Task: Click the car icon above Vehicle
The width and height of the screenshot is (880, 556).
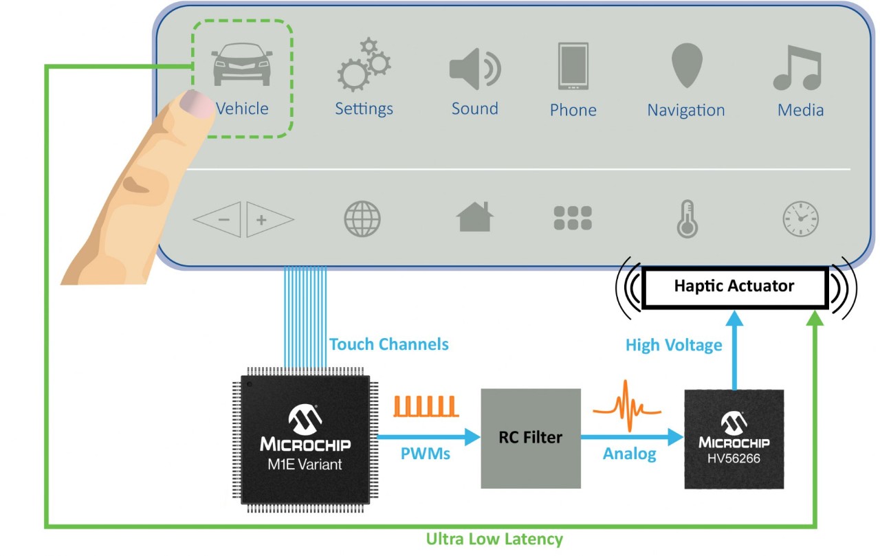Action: click(x=242, y=66)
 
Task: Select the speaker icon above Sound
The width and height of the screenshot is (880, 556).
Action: click(x=474, y=69)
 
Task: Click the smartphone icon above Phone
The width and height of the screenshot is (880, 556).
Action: click(x=573, y=67)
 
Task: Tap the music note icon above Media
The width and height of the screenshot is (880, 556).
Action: click(x=797, y=67)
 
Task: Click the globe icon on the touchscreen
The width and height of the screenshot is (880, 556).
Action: click(x=362, y=219)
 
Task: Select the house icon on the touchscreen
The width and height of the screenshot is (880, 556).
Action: click(x=474, y=217)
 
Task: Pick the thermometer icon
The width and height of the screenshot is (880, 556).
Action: click(x=687, y=220)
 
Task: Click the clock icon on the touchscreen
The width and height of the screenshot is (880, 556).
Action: click(x=801, y=220)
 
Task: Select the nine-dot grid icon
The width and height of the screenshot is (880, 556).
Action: click(x=573, y=218)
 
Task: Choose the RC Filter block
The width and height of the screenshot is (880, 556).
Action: click(x=530, y=438)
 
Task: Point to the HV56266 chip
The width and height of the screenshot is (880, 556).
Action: click(x=734, y=439)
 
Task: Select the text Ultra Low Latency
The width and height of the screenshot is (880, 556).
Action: click(x=494, y=540)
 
